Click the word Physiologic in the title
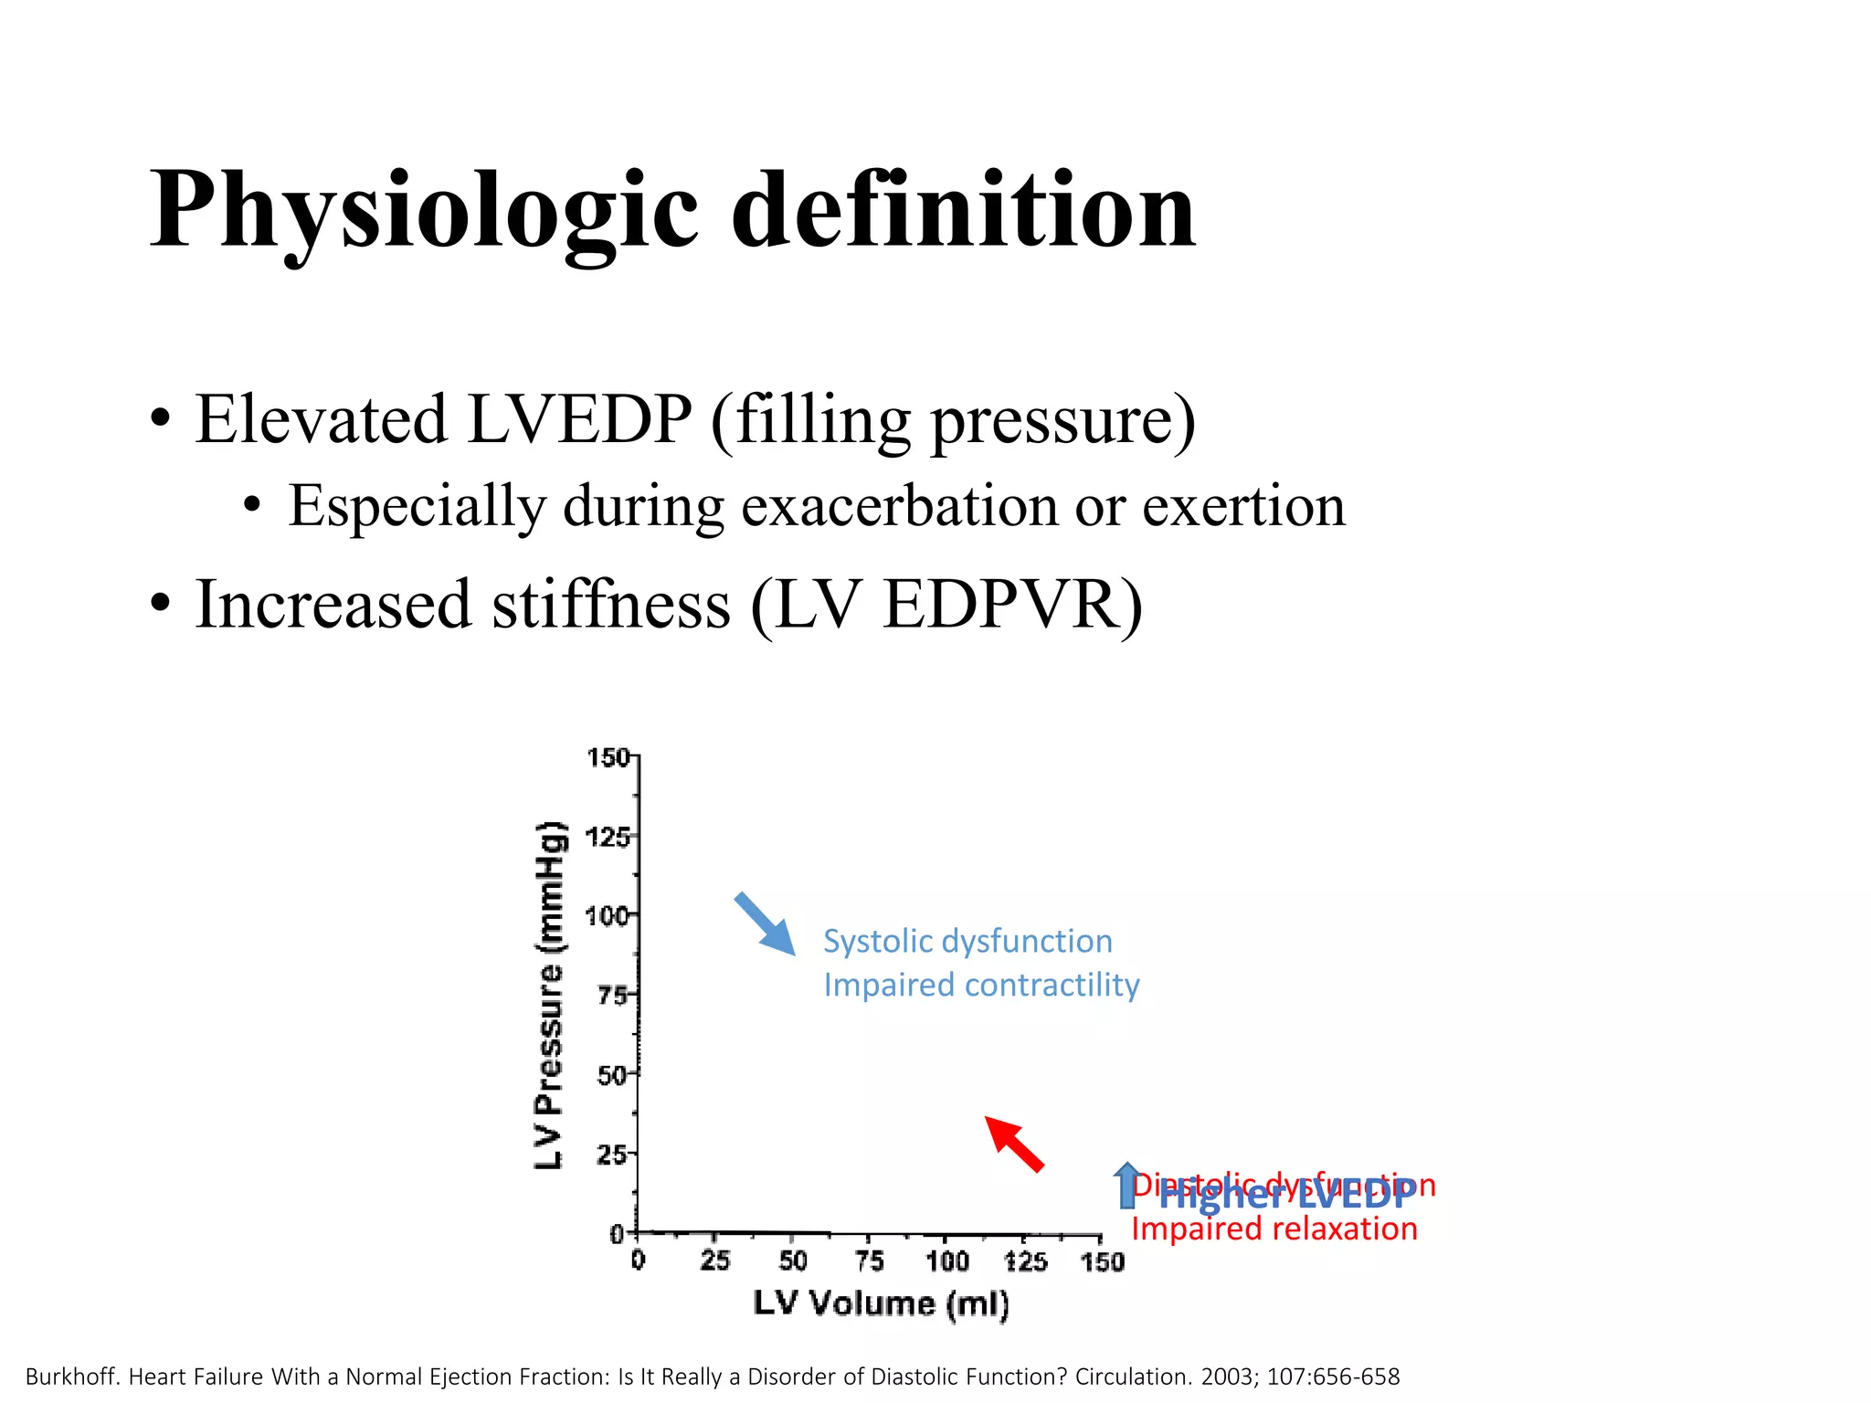425,212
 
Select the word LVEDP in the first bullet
579,420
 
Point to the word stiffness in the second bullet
611,605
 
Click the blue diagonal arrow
765,923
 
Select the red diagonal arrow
1014,1144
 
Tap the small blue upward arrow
1127,1185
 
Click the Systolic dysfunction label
967,941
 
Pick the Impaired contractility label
981,985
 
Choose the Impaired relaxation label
1274,1229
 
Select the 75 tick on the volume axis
869,1261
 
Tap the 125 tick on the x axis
1025,1261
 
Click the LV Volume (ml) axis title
881,1303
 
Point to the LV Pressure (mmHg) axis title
550,996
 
